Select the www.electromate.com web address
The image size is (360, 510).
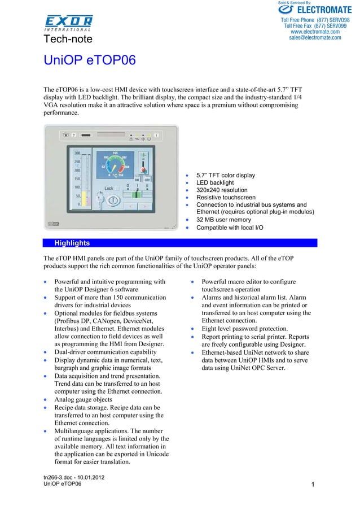point(315,32)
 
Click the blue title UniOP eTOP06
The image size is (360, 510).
point(90,60)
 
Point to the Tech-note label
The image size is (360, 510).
point(68,38)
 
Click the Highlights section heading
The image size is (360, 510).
point(72,243)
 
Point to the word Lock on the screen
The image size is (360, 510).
point(109,188)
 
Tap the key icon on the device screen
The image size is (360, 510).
point(100,199)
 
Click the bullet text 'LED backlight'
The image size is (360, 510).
point(214,183)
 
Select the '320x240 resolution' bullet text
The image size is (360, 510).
point(221,190)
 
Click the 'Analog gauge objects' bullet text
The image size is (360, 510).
point(83,399)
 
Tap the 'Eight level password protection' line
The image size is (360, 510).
point(245,328)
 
